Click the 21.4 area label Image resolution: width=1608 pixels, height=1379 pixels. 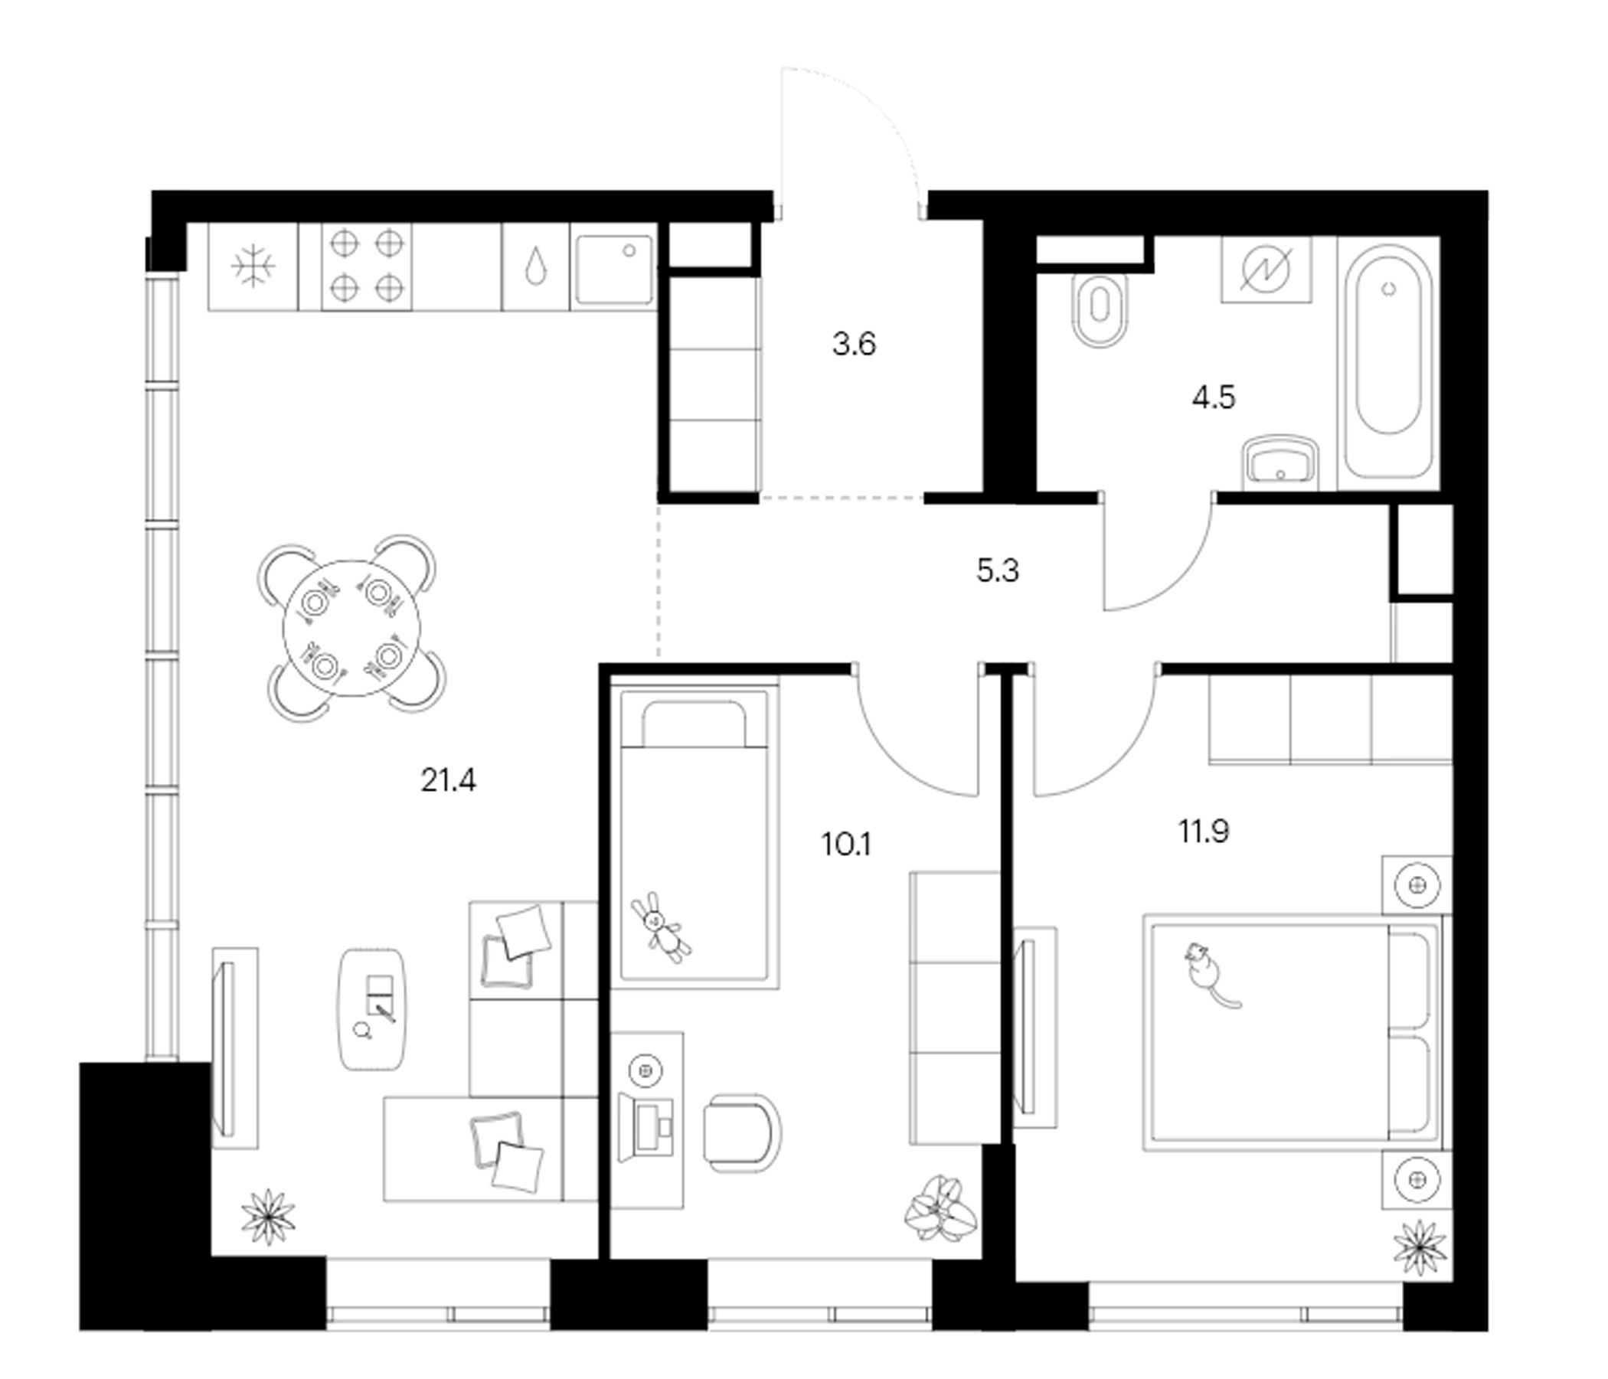pyautogui.click(x=448, y=781)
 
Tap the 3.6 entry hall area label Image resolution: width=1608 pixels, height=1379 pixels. pyautogui.click(x=854, y=344)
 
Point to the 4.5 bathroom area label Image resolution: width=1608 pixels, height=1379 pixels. pyautogui.click(x=1214, y=397)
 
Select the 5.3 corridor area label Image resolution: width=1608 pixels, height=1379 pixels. pyautogui.click(x=997, y=570)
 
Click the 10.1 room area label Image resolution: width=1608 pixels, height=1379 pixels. pyautogui.click(x=846, y=844)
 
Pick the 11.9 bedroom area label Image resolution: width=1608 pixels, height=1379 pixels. pyautogui.click(x=1204, y=831)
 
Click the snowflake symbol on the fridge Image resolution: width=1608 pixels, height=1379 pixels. pyautogui.click(x=253, y=266)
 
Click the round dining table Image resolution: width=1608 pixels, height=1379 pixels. pyautogui.click(x=351, y=628)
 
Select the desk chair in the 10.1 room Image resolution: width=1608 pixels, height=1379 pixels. pyautogui.click(x=742, y=1134)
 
